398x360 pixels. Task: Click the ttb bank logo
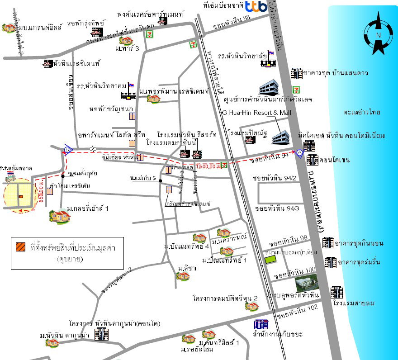[x=256, y=7]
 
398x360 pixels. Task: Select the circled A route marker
[x=299, y=153]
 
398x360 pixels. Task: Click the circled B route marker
[x=68, y=150]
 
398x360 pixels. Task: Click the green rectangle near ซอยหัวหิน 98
[x=271, y=260]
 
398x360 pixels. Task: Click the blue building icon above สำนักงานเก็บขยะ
[x=261, y=324]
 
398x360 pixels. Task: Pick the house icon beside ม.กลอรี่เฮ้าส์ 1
[x=60, y=216]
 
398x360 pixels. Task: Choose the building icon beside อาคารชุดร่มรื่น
[x=331, y=262]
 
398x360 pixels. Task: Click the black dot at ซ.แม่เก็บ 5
[x=161, y=180]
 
